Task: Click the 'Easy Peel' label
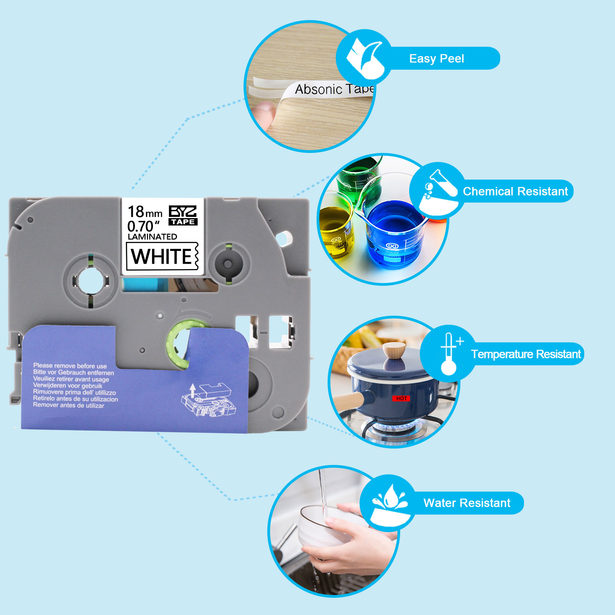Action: pos(437,59)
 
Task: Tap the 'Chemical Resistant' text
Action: pos(515,191)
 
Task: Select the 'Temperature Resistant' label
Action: pos(526,354)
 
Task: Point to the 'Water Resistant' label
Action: pos(467,503)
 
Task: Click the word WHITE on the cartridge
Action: pos(161,257)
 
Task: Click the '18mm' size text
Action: pos(145,212)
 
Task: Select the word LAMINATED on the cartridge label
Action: pos(152,237)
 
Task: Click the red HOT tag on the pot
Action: pos(401,399)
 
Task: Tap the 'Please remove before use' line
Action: pos(70,366)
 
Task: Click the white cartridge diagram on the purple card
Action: pos(209,400)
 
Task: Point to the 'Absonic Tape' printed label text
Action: pos(335,89)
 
